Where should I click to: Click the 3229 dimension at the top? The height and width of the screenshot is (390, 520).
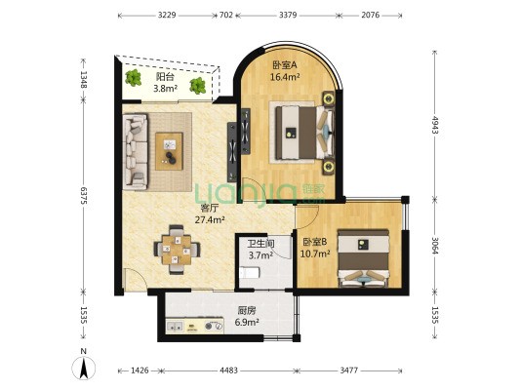(x=167, y=16)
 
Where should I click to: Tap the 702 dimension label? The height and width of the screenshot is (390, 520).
(x=226, y=16)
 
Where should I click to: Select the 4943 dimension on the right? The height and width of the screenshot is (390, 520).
(x=435, y=125)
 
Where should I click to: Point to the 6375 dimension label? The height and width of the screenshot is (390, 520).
(x=84, y=196)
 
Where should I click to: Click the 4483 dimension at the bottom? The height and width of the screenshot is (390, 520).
(x=229, y=370)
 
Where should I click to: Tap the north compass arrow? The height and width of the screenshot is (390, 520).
(x=84, y=368)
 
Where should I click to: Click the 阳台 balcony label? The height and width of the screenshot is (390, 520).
(x=165, y=77)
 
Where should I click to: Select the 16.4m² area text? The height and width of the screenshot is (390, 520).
(x=285, y=77)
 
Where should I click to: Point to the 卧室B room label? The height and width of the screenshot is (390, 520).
(x=315, y=242)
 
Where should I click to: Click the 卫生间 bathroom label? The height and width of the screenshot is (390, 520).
(x=261, y=244)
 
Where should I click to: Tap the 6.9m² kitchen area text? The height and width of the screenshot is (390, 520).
(x=247, y=322)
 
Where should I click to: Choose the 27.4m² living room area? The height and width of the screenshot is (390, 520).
(x=210, y=219)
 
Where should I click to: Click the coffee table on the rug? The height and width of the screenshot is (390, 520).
(x=169, y=151)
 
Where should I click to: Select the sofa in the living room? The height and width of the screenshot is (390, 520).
(x=136, y=152)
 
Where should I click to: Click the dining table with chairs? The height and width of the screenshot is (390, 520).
(x=177, y=250)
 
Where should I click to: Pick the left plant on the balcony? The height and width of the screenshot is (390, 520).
(x=134, y=78)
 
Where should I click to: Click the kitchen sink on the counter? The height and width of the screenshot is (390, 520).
(x=174, y=327)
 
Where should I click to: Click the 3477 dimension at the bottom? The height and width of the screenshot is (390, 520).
(x=349, y=370)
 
